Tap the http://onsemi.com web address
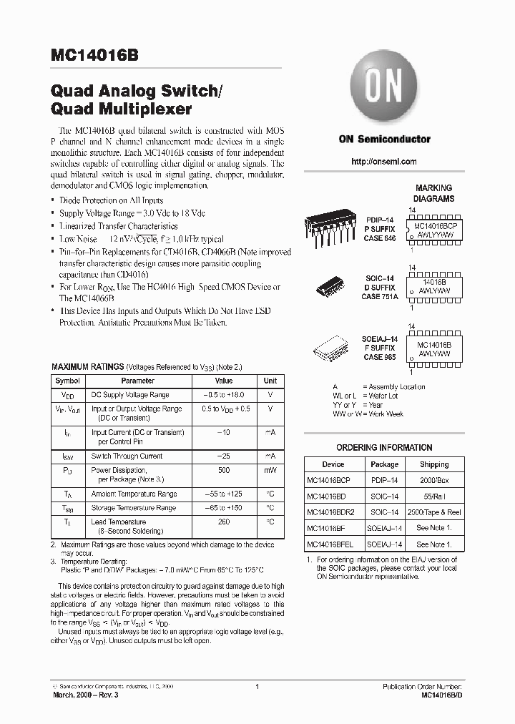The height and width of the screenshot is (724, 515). (x=384, y=162)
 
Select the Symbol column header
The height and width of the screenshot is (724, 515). (x=68, y=381)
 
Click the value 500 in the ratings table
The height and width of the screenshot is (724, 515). (x=224, y=471)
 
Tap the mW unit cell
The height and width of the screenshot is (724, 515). (x=270, y=471)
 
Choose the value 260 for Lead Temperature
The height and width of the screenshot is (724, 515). (x=224, y=522)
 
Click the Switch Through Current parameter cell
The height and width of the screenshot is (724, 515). (x=127, y=456)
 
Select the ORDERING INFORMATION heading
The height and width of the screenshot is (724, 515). (x=384, y=448)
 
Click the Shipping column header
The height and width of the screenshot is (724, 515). (x=434, y=464)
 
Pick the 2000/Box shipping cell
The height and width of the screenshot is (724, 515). (x=434, y=480)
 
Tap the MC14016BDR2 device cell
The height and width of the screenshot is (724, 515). (x=330, y=512)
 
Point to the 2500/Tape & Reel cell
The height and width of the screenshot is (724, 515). (x=434, y=512)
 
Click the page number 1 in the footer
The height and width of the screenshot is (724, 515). (x=256, y=687)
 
